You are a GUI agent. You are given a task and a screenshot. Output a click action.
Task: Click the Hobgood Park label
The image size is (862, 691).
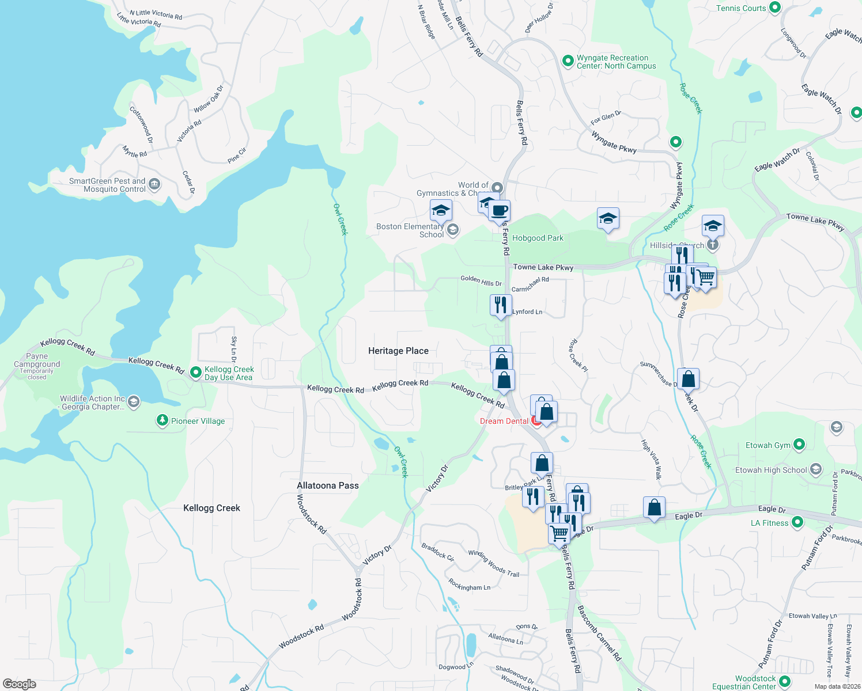pos(538,238)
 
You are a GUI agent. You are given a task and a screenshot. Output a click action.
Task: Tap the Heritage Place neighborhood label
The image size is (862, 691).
pos(398,351)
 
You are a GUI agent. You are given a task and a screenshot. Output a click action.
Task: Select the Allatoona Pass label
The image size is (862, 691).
pos(327,485)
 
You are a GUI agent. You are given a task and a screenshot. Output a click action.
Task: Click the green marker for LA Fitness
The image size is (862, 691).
pos(797,522)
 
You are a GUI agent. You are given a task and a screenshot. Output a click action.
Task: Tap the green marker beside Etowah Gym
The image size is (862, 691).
pos(799,445)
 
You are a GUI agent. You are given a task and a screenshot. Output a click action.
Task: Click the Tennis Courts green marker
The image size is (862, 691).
pos(775,7)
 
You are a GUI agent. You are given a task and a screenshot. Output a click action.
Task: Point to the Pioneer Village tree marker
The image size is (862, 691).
pos(162,421)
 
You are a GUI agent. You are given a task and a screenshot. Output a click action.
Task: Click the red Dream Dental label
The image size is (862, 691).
pos(504,421)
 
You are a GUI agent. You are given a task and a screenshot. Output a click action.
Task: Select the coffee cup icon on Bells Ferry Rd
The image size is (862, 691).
pos(500,211)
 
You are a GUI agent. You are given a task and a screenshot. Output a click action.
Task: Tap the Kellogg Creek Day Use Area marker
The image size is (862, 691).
pos(195,373)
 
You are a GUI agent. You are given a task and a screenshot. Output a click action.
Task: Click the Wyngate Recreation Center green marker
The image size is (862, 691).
pos(568,60)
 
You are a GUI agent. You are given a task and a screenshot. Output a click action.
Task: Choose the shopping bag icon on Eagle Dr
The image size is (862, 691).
pos(654,508)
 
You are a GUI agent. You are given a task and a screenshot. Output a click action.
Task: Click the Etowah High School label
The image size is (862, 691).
pos(771,470)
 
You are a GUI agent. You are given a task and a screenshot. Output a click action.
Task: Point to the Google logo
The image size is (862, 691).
pos(20,684)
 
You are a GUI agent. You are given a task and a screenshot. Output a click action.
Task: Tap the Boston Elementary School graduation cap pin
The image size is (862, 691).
pos(441,211)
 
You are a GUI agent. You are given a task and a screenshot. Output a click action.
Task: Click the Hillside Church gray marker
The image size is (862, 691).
pos(713,245)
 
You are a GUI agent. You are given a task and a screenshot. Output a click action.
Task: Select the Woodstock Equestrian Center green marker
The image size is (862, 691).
pos(785,682)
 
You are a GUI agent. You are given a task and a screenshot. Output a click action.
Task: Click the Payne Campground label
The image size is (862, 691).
pos(37,360)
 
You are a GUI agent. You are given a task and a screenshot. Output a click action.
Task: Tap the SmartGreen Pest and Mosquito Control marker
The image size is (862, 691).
pos(154,184)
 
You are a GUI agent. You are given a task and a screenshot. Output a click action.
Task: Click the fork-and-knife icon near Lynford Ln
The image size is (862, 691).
pos(501,305)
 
